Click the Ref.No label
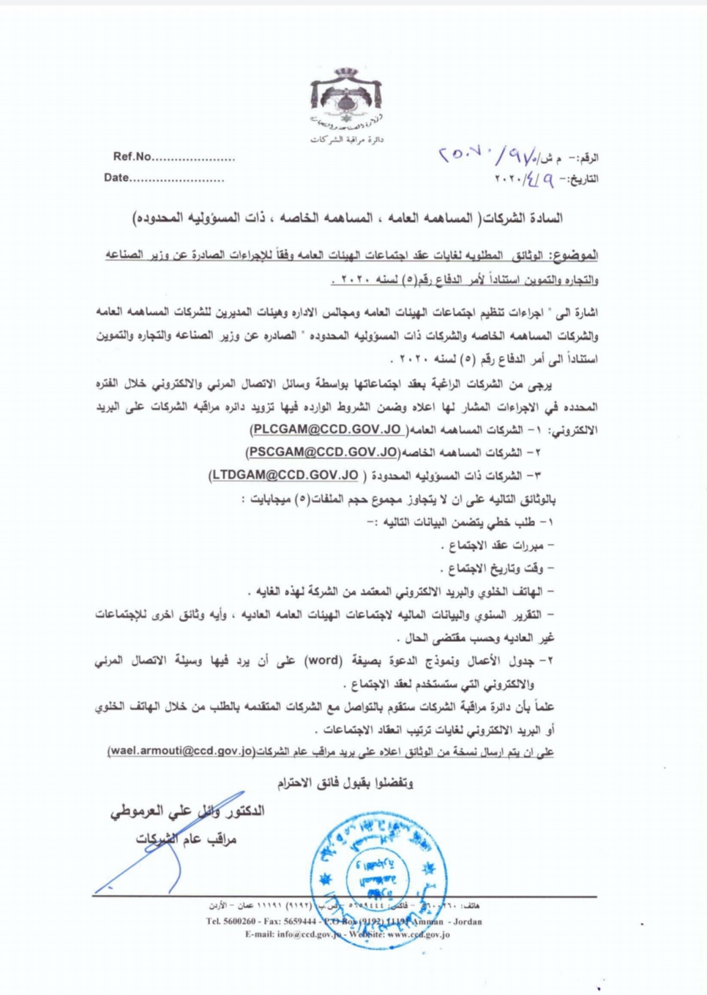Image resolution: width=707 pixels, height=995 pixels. coord(132,156)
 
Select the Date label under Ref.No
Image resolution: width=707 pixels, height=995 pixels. coord(116,178)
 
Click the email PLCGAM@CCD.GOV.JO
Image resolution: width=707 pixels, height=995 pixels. coord(326,429)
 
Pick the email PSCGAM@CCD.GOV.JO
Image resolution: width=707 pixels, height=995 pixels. coord(323,453)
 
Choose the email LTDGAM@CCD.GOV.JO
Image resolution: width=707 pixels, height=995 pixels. coord(285,476)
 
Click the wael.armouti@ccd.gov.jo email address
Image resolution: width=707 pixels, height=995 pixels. coord(181,751)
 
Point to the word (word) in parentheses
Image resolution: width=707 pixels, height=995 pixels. coord(321,662)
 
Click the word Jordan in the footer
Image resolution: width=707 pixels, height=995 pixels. coord(466,922)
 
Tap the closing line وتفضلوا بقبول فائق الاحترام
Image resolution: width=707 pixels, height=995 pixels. coord(345,783)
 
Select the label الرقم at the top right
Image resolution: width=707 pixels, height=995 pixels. coord(586,158)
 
